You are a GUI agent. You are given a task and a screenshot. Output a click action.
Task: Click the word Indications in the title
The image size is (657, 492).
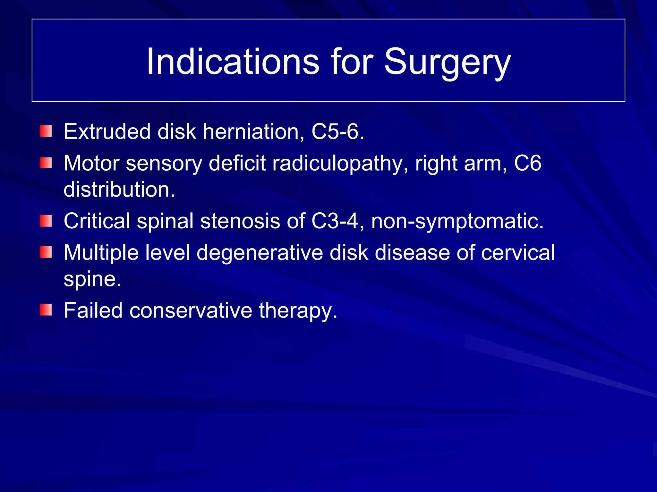point(233,61)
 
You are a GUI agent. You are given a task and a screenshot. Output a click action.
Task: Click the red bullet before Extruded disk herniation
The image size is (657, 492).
point(46,131)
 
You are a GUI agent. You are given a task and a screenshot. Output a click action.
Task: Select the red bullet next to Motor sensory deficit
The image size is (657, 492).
point(46,163)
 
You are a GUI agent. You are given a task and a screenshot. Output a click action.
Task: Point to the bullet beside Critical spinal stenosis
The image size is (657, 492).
point(46,221)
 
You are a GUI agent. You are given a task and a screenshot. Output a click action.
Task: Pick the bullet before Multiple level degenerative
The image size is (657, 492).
point(46,252)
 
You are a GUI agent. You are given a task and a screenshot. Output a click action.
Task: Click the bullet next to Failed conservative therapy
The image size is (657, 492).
point(46,310)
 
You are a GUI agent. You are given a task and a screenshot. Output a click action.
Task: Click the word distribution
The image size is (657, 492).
point(119,189)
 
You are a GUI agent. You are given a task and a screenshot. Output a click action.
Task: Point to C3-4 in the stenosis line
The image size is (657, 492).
point(335,221)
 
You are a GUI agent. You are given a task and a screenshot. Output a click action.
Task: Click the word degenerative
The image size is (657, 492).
point(260,253)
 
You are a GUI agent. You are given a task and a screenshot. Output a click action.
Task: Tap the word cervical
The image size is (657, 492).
point(518,252)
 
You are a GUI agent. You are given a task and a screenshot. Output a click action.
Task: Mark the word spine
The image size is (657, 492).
point(92,279)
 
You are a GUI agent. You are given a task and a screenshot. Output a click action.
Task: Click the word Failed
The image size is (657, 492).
point(93,310)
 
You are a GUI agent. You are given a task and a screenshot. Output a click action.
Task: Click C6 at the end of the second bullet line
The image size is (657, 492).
point(528,163)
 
